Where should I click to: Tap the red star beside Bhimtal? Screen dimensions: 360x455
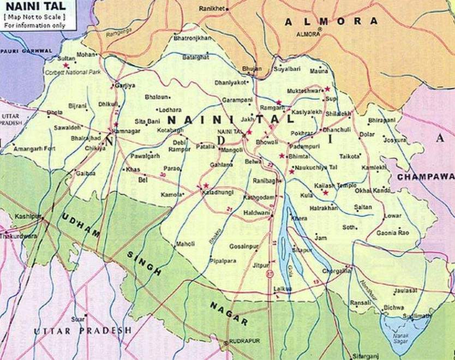click(x=282, y=156)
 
